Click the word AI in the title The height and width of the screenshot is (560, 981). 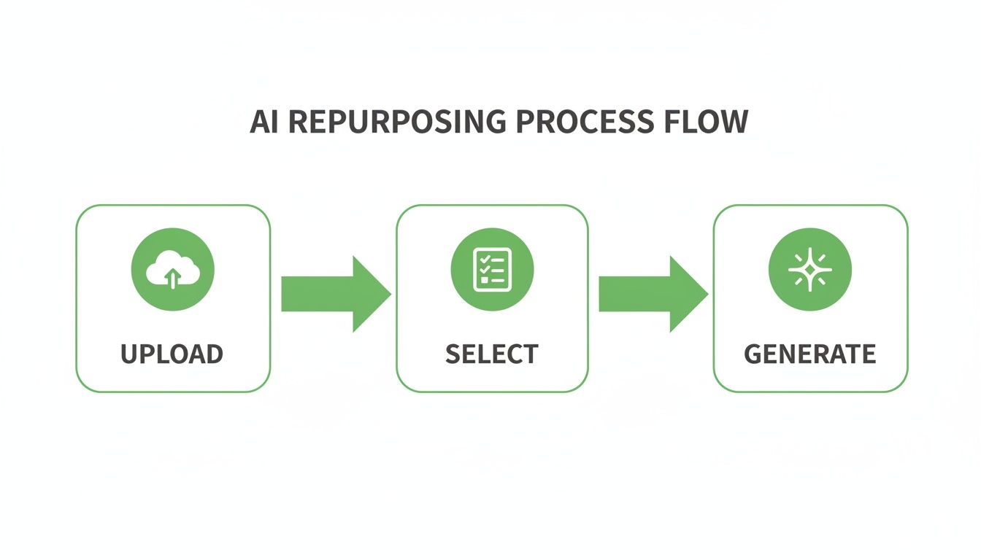pyautogui.click(x=265, y=122)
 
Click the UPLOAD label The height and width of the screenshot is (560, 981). pyautogui.click(x=172, y=354)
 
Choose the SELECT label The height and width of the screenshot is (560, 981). pyautogui.click(x=492, y=354)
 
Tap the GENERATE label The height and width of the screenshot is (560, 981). pyautogui.click(x=810, y=354)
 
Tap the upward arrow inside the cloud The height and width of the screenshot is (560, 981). pyautogui.click(x=172, y=278)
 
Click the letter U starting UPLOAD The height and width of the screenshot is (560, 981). pyautogui.click(x=130, y=354)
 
